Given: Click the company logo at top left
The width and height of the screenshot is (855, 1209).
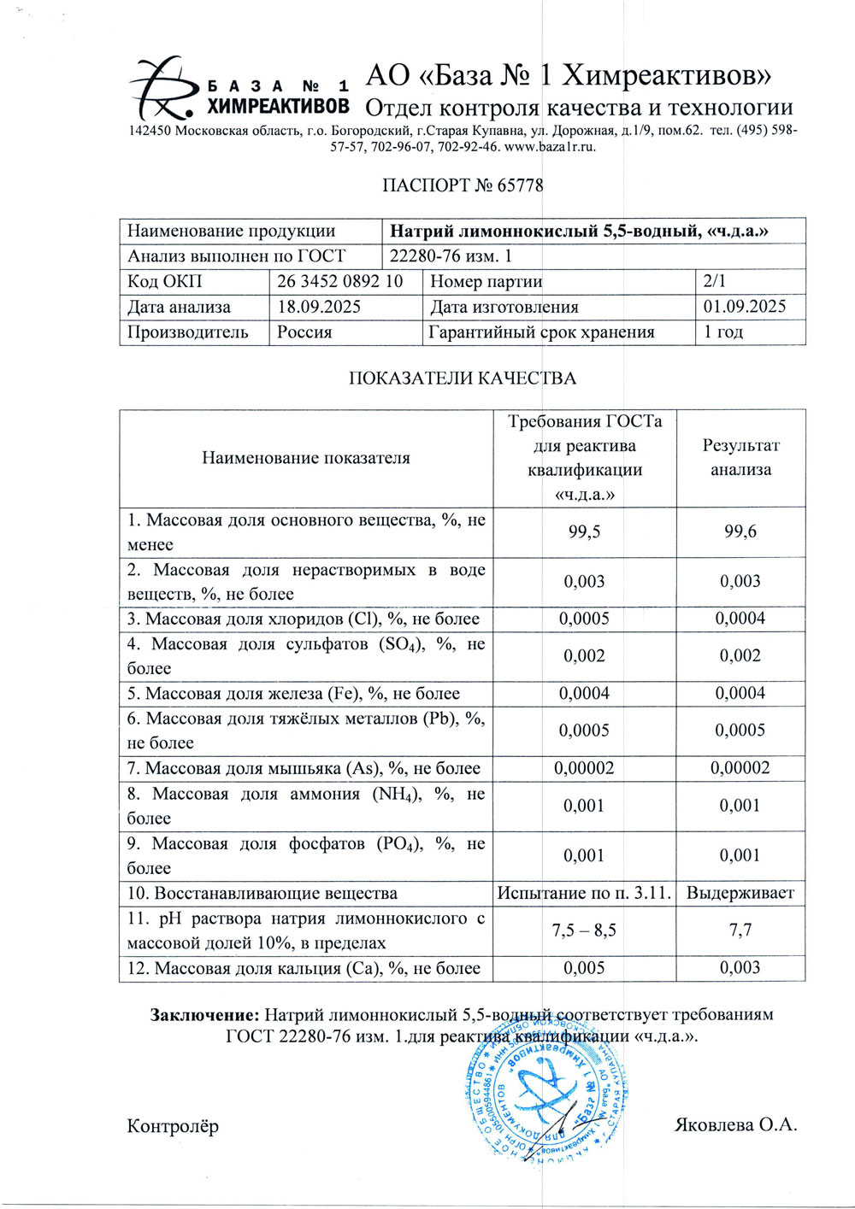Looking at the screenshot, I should point(239,89).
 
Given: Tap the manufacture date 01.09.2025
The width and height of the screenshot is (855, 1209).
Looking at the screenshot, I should point(744,307).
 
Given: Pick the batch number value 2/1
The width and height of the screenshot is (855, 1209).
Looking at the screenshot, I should point(714,281).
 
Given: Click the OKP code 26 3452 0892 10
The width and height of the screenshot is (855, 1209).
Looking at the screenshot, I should point(340,281).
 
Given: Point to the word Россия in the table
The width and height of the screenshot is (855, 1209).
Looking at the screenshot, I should point(304,332).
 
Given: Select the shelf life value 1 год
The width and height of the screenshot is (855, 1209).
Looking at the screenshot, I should point(723,332).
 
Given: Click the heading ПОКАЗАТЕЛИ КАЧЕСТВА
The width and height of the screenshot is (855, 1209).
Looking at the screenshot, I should point(463,379).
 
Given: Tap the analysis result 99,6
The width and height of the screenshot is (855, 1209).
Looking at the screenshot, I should point(740,531).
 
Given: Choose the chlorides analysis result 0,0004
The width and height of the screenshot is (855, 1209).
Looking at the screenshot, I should point(740,619).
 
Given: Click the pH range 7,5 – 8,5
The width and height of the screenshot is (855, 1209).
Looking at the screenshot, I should point(585,930).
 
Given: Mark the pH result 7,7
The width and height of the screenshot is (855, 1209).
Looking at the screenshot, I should point(740,930).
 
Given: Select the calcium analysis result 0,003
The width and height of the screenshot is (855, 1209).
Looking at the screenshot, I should point(740,968).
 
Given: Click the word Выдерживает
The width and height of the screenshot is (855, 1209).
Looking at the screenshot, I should point(740,894).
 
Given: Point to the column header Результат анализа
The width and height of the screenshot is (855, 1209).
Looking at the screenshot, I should point(740,457).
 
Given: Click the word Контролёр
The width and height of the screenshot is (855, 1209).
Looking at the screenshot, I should point(173,1126).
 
